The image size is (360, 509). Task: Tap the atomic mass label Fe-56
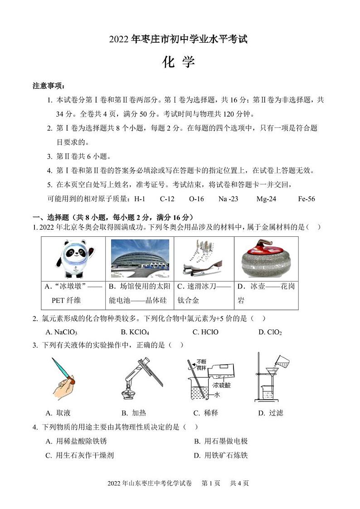[x=306, y=199]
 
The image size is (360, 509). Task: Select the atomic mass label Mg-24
[x=266, y=199]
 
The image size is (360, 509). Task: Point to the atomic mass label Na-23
[x=228, y=199]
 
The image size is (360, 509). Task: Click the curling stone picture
[x=266, y=259]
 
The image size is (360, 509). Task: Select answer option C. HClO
[x=205, y=332]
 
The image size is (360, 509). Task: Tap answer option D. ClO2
[x=270, y=332]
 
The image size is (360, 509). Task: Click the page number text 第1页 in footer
[x=210, y=483]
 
